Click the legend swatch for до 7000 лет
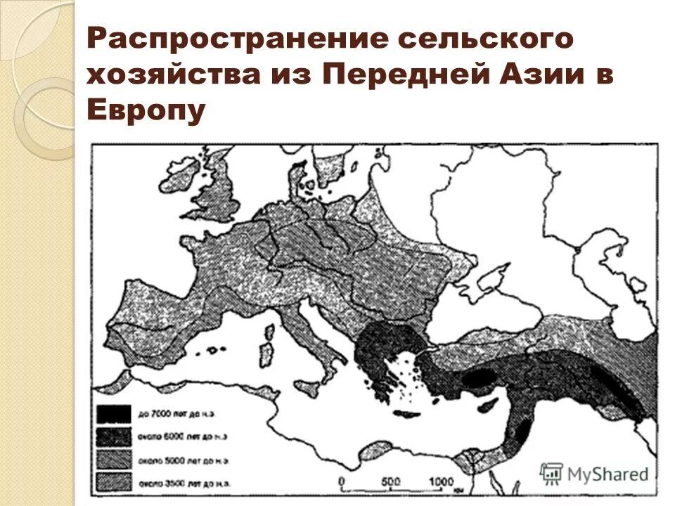(112, 415)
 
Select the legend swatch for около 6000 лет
(112, 436)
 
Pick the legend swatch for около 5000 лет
(112, 459)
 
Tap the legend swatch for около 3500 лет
(112, 481)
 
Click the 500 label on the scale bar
(391, 481)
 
